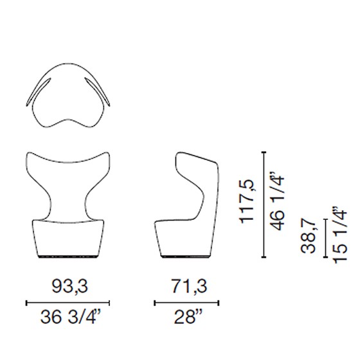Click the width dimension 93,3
(x=70, y=287)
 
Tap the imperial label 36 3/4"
(x=71, y=318)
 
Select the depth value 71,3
(x=190, y=287)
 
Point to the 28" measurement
(x=188, y=317)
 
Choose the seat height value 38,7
(x=309, y=237)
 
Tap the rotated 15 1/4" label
(x=339, y=235)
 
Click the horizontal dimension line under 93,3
(x=68, y=303)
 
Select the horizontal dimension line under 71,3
(x=186, y=303)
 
